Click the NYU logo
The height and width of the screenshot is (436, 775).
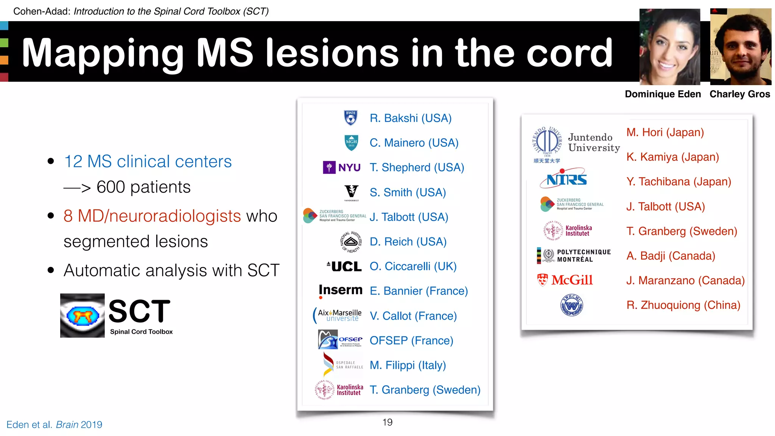(x=341, y=167)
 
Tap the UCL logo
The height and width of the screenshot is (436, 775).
(x=344, y=266)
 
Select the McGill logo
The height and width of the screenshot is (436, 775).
(x=565, y=280)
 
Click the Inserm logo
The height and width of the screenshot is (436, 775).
(x=340, y=290)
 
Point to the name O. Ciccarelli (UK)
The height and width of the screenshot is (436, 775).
(x=413, y=266)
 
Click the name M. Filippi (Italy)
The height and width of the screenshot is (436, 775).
(x=408, y=365)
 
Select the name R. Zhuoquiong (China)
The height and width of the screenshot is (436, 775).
(x=683, y=305)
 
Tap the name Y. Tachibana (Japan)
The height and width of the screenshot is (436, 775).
(x=679, y=182)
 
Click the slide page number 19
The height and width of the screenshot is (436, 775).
(x=387, y=422)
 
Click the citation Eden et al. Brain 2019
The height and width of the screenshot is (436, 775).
(x=54, y=425)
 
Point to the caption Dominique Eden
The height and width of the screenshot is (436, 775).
(x=663, y=94)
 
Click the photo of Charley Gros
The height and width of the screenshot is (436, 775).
(x=741, y=47)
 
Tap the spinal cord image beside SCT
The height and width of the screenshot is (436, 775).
(x=82, y=315)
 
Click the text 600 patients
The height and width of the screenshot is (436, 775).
(x=143, y=187)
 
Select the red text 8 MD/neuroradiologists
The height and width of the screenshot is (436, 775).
(x=152, y=216)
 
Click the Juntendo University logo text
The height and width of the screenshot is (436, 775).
(x=593, y=143)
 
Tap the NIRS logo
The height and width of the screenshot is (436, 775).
(x=564, y=178)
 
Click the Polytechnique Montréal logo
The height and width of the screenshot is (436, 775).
(x=574, y=256)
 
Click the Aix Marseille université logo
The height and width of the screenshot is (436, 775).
(x=338, y=315)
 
